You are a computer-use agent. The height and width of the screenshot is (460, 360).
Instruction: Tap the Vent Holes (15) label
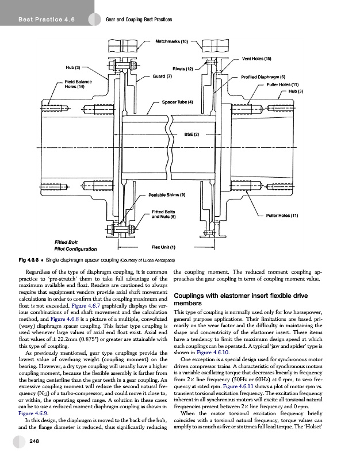[x=256, y=59]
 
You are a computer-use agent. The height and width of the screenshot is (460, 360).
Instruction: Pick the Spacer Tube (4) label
[x=178, y=102]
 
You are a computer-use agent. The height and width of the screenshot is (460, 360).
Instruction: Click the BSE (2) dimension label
[x=192, y=135]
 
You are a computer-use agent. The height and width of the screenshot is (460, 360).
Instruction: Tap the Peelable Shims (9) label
[x=167, y=195]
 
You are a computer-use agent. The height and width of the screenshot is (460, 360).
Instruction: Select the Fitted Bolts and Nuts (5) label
[x=167, y=214]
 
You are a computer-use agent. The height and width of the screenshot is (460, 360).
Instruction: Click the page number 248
[x=35, y=440]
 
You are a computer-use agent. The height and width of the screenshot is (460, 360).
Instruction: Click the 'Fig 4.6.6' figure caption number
[x=28, y=260]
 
